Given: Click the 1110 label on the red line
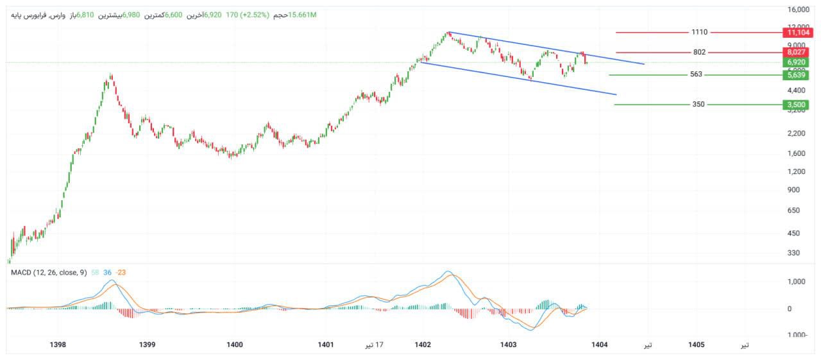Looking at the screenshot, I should [x=699, y=32].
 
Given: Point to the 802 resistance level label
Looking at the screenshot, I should [x=699, y=52].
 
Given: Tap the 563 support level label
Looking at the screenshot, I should [x=696, y=74].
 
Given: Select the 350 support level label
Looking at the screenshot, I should [x=698, y=104].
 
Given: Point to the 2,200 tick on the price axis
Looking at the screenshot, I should [x=795, y=133].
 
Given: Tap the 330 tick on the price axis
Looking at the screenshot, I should [x=793, y=253].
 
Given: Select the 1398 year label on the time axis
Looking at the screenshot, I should [x=58, y=345].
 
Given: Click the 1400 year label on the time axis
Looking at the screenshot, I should [x=235, y=345].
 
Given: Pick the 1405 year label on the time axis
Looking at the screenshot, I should [x=696, y=345].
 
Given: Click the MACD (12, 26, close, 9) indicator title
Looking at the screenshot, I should [x=49, y=273].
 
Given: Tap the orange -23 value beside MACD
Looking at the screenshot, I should [x=121, y=273].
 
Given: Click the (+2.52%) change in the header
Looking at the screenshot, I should [x=256, y=14].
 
